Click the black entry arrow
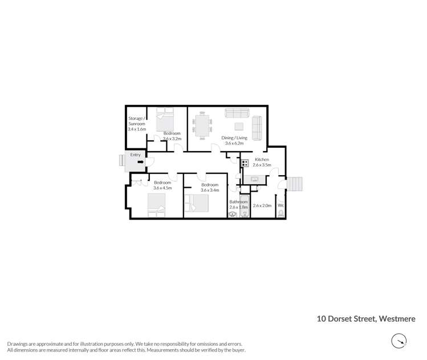pos(140,163)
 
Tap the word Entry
pos(135,155)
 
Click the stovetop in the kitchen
pos(245,163)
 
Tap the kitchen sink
pos(254,179)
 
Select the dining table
pos(203,126)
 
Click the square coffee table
pos(239,126)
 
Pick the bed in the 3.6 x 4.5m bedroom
pos(157,205)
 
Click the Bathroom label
pos(238,202)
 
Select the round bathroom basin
pos(233,215)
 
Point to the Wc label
pos(280,205)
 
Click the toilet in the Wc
pos(280,213)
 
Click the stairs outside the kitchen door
pos(294,185)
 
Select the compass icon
pos(399,341)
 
